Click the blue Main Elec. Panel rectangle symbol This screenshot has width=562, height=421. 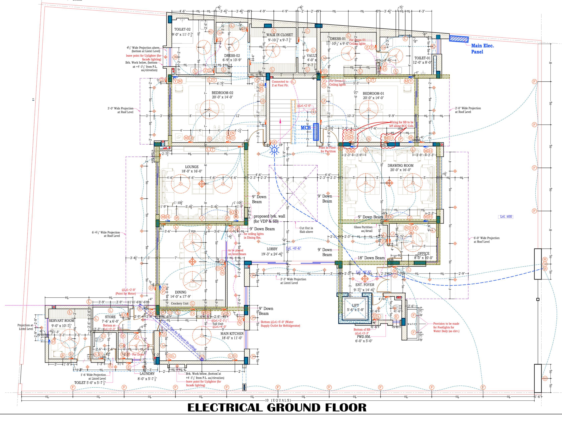click(459, 39)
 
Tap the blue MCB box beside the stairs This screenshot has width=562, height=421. click(316, 132)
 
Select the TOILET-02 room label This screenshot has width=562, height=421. click(182, 29)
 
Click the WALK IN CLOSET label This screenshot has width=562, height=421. click(279, 35)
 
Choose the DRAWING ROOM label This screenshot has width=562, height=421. click(400, 165)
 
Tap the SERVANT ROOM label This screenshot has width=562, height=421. click(62, 321)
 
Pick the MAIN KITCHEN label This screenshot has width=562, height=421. click(232, 334)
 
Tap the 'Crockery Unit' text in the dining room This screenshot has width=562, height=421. click(180, 303)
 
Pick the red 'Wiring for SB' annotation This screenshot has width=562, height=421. click(401, 124)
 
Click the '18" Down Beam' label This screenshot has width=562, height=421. click(371, 258)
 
